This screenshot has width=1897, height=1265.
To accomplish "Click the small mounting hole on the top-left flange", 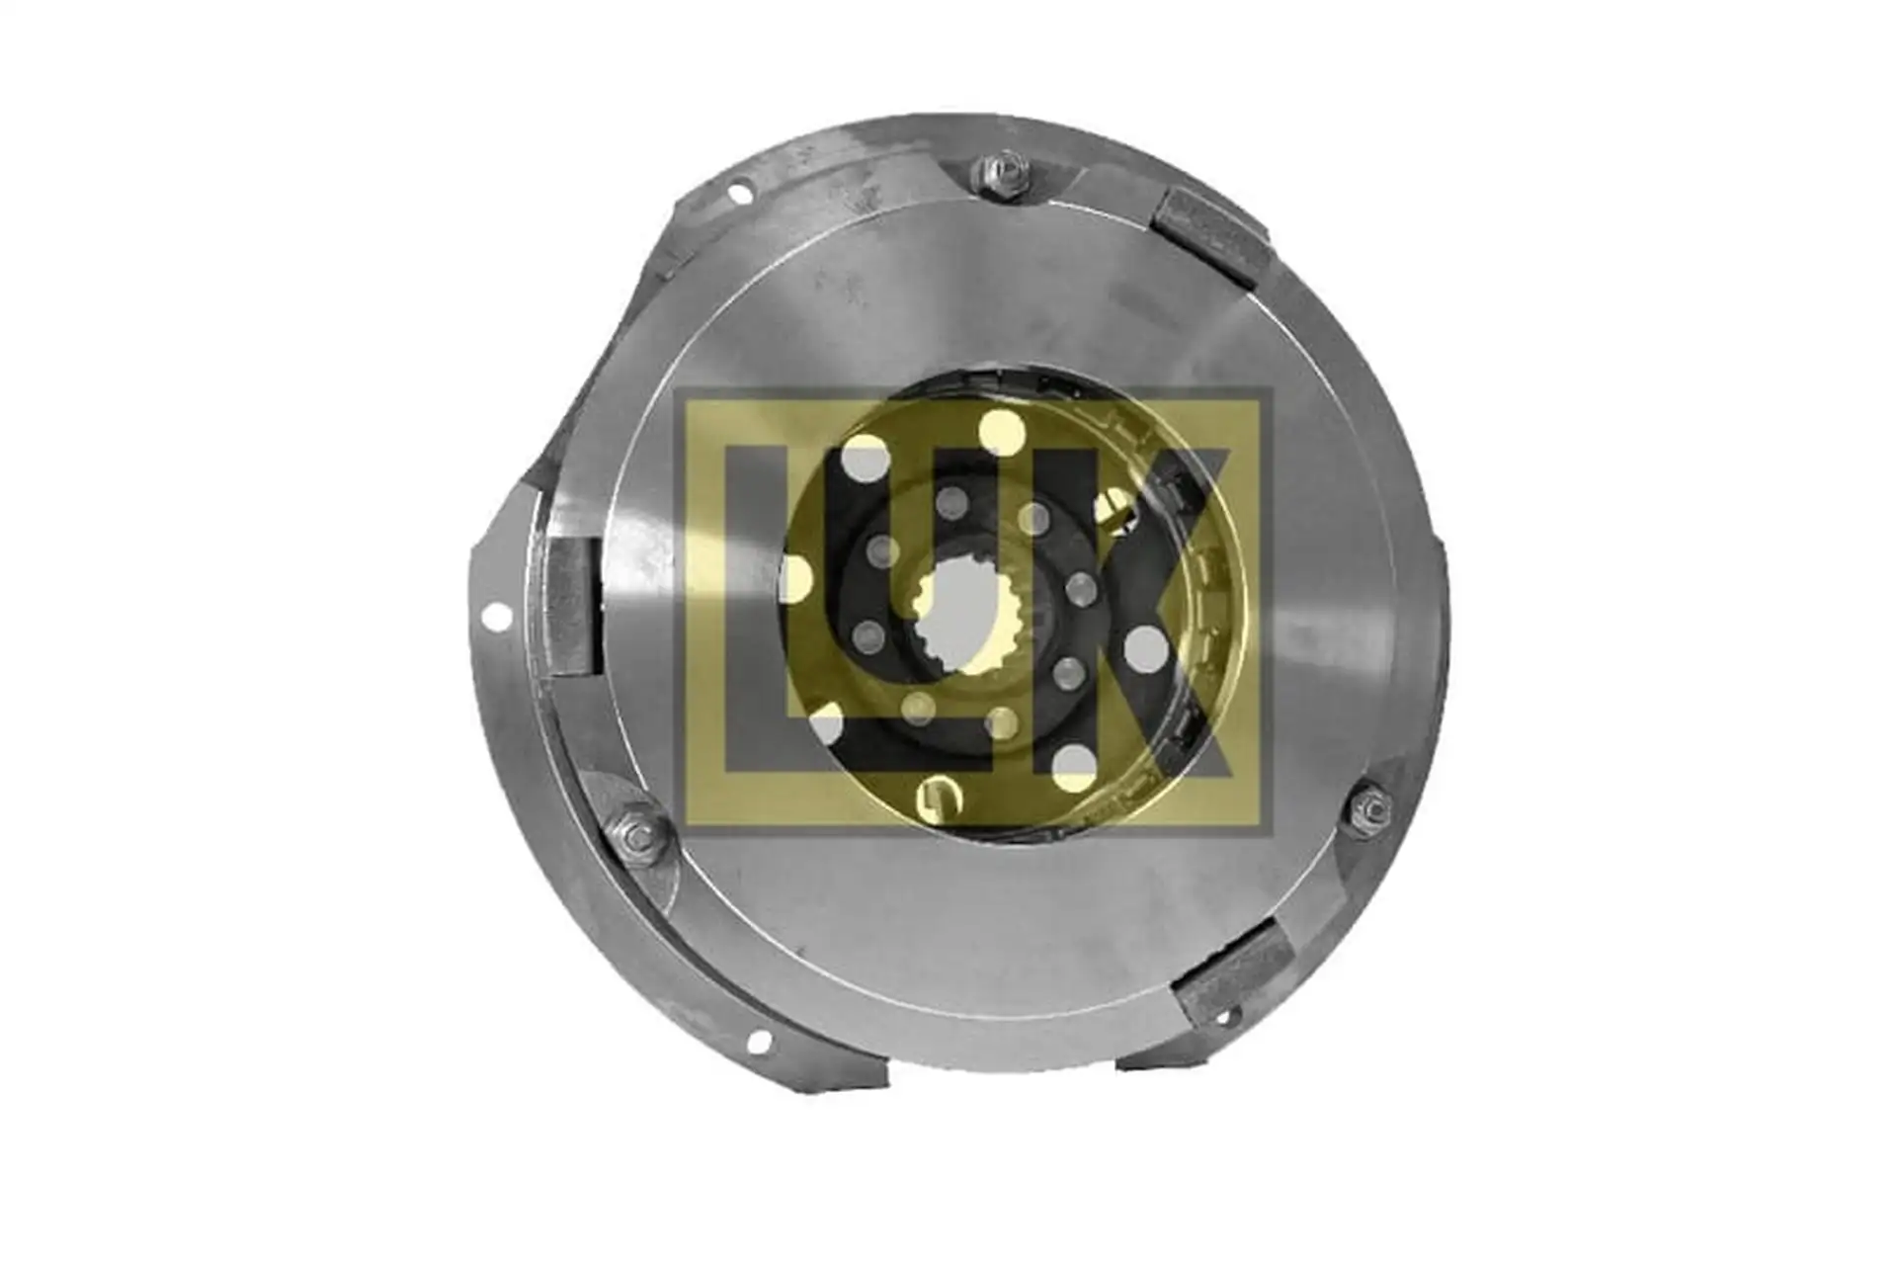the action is click(737, 196).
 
